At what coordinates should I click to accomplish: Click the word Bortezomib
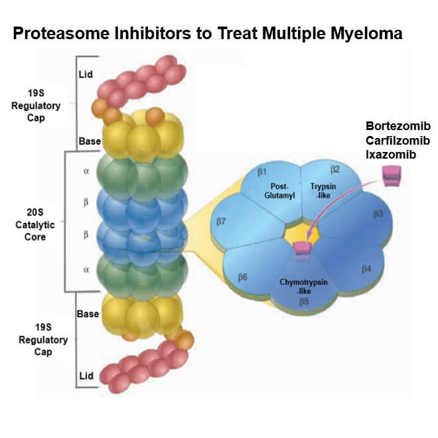(x=398, y=126)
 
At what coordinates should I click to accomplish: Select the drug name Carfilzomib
(x=398, y=141)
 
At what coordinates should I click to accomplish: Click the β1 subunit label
(x=262, y=173)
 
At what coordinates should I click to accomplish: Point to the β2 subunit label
(x=335, y=169)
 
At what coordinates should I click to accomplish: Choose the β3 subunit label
(x=378, y=214)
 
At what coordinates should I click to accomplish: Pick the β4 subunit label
(x=366, y=269)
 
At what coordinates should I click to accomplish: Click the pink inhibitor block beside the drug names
(x=391, y=175)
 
